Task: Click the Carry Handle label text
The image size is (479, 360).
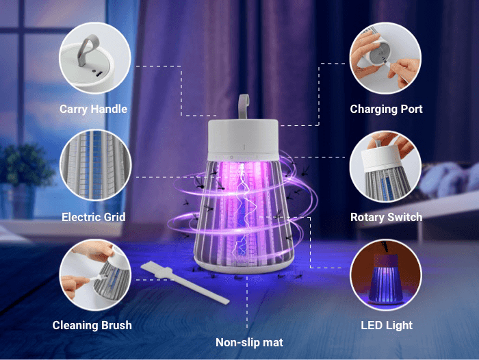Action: click(93, 109)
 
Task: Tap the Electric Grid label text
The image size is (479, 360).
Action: click(94, 217)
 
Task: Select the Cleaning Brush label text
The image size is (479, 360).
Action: click(92, 325)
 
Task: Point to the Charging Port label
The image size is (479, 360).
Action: click(386, 109)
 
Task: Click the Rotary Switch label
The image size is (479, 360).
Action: click(386, 217)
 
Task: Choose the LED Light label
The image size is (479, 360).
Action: click(387, 325)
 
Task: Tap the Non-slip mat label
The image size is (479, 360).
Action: click(249, 342)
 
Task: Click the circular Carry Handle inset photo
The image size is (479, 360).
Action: click(95, 58)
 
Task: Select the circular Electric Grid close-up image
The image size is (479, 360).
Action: click(96, 166)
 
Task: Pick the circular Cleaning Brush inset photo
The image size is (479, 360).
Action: click(95, 274)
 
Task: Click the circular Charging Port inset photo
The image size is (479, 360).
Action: click(385, 58)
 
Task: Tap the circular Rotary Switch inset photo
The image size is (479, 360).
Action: click(385, 167)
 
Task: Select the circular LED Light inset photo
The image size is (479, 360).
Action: click(385, 274)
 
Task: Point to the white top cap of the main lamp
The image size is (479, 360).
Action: click(243, 140)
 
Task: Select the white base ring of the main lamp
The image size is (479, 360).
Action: click(244, 265)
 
